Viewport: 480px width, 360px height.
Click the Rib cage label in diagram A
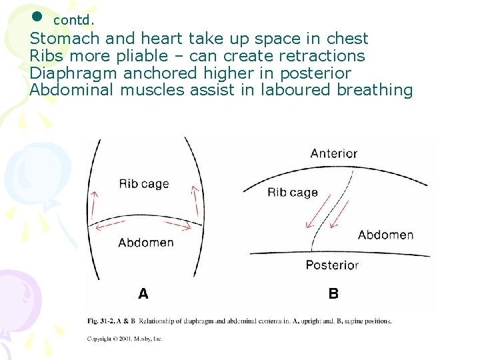pos(144,184)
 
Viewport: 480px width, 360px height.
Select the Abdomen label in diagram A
pos(145,243)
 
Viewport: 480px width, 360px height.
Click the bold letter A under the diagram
pos(143,293)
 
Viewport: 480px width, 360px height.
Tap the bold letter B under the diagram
pos(333,293)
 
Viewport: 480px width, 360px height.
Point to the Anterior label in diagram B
pos(333,153)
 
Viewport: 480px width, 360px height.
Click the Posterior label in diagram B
pos(332,265)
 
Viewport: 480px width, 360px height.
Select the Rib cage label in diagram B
pos(292,193)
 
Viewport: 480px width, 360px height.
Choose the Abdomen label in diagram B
pos(385,235)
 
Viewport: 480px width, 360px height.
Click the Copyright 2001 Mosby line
pos(125,339)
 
